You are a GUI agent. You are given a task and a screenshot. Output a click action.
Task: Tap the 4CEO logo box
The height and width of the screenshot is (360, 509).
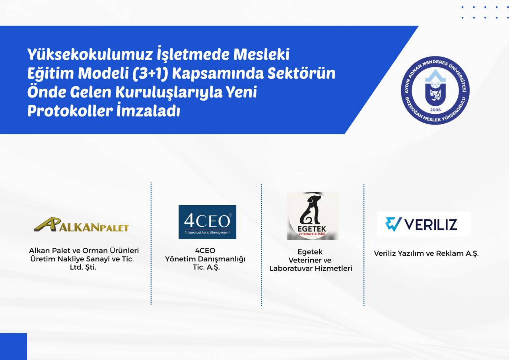pos(207,222)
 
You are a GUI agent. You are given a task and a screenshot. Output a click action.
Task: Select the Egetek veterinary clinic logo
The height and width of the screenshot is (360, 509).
pos(313,216)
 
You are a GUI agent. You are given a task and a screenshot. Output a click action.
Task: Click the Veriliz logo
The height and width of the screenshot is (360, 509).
pos(424,224)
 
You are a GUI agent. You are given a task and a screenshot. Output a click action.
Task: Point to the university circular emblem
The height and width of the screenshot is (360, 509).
pos(435,90)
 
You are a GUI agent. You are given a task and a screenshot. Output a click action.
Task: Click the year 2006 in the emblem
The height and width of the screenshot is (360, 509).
pos(435,110)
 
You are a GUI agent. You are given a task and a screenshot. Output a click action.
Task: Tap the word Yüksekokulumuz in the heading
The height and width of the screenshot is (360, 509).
pos(90,54)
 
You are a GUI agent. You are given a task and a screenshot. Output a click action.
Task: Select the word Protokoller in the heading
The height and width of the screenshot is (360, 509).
pos(70,111)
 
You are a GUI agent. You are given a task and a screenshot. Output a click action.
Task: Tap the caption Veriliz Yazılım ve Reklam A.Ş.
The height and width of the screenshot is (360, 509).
pos(426,253)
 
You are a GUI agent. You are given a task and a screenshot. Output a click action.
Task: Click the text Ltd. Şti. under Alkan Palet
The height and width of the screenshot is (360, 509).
pos(83,267)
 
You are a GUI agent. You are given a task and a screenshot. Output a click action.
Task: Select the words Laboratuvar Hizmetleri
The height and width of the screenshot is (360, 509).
pos(311,269)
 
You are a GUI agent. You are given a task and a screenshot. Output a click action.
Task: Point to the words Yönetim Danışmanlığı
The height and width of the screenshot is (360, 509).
pos(205,259)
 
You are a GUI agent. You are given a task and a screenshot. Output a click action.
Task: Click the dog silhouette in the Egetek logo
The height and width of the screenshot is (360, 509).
pos(311,210)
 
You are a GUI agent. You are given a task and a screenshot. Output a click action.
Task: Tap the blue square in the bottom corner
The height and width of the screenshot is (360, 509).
pos(14,346)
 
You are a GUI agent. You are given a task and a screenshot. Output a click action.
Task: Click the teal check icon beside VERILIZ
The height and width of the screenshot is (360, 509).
pos(393,224)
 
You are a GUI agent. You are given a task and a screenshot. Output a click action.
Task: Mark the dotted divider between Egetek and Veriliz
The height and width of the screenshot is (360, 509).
pos(364,245)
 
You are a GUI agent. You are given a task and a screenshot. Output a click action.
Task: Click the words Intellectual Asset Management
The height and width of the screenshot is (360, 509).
pos(207,232)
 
